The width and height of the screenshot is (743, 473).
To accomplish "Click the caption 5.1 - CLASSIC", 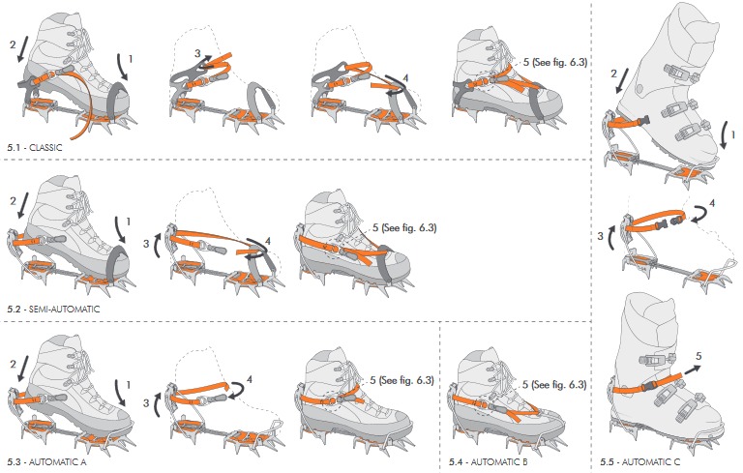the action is (35, 147).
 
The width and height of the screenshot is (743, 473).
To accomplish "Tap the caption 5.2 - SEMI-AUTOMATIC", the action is (53, 309).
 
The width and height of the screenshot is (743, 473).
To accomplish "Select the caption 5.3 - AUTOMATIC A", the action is (46, 461).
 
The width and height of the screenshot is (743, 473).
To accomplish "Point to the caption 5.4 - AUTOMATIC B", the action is (488, 461).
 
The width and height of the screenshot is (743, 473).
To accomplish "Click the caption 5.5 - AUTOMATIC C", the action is (640, 461).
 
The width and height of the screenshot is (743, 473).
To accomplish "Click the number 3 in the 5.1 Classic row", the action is (197, 53).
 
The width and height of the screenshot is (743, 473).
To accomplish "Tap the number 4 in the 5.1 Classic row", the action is (405, 78).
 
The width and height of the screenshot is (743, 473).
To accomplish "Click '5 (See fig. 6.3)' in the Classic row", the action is (555, 62).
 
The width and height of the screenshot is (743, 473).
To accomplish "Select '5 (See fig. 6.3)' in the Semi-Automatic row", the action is (404, 227).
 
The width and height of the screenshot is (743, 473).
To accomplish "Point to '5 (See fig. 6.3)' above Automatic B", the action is (554, 384).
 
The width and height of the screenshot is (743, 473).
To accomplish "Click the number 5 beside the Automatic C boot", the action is (698, 356).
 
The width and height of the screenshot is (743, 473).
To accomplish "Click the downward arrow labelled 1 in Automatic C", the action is (724, 136).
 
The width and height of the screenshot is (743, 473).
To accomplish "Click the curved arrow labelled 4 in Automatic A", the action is (238, 390).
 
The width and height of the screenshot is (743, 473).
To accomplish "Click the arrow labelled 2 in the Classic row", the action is (22, 49).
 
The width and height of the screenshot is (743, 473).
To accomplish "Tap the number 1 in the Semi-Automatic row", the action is (129, 222).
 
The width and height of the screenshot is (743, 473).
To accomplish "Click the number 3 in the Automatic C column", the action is (601, 236).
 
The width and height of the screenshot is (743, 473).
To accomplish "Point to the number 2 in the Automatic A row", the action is (13, 364).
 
